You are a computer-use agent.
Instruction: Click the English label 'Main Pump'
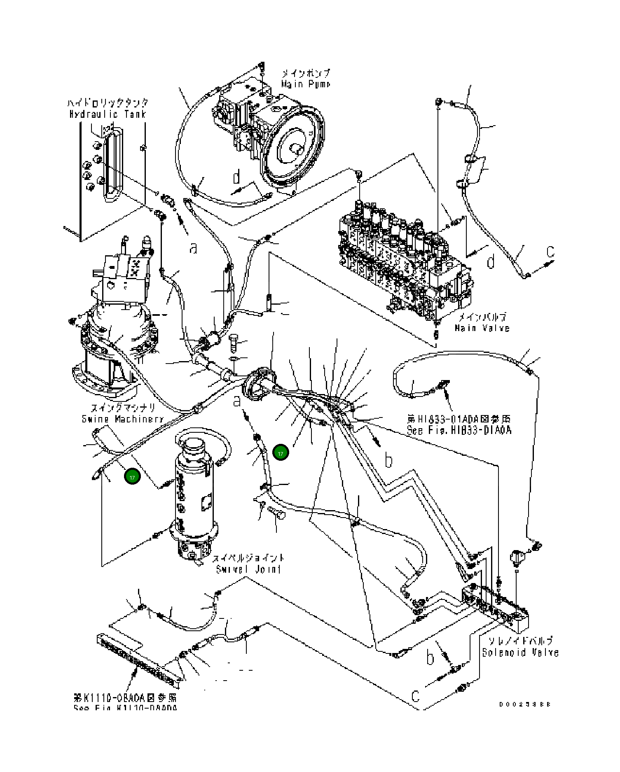click(x=305, y=84)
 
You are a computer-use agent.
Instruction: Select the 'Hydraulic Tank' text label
click(x=108, y=114)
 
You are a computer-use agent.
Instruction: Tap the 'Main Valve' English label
click(x=482, y=328)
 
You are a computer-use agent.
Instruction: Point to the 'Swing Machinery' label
click(x=123, y=419)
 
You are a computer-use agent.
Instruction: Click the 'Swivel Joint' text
click(x=248, y=569)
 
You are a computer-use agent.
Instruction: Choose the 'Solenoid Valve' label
click(x=520, y=653)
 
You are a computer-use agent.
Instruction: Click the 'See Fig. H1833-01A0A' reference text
click(x=459, y=430)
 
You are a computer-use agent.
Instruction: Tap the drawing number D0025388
click(x=525, y=704)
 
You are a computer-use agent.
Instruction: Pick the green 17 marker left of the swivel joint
click(x=132, y=477)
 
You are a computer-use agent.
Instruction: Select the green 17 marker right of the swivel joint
click(x=281, y=453)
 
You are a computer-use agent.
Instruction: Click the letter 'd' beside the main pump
click(x=236, y=177)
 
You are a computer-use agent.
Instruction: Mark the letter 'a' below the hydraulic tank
click(x=193, y=248)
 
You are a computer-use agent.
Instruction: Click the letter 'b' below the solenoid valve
click(x=430, y=658)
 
